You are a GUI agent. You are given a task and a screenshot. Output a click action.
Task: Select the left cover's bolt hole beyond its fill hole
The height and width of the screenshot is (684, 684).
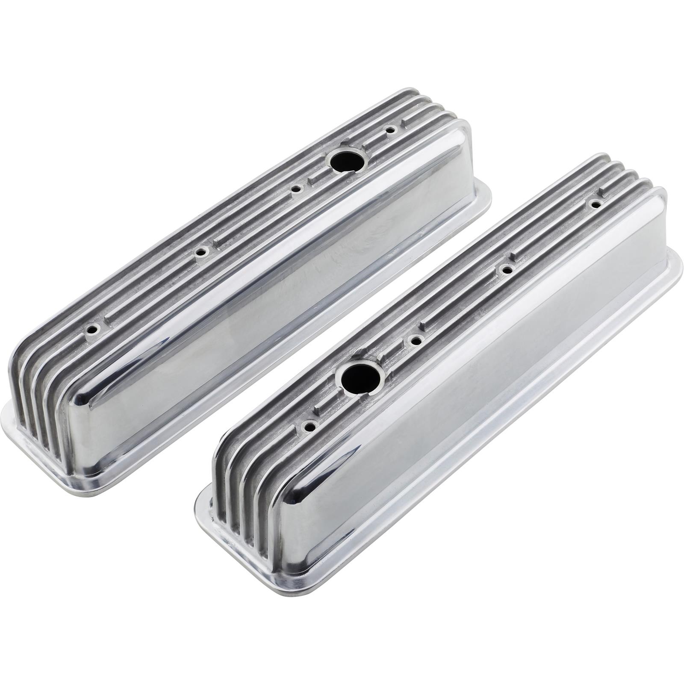point(390,130)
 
